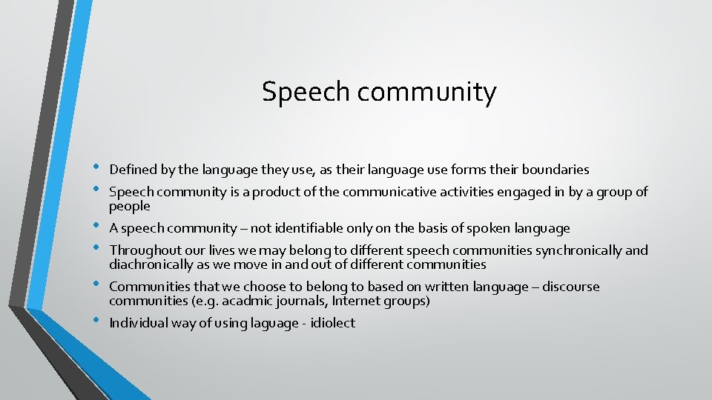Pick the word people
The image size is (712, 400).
[130, 207]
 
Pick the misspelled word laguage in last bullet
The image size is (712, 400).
[267, 323]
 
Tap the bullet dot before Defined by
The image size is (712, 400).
[96, 168]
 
